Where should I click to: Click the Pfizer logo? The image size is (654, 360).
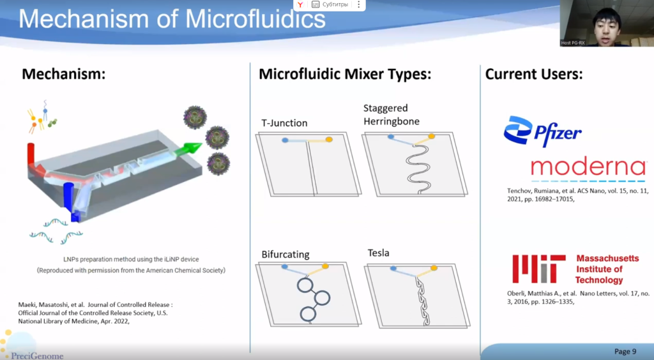click(x=542, y=131)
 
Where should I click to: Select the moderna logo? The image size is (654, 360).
click(x=588, y=169)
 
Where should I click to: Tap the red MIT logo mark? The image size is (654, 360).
click(x=539, y=269)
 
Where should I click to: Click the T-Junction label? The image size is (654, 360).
click(x=284, y=123)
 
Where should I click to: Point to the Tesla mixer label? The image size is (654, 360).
click(x=378, y=253)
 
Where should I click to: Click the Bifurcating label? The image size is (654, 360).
click(x=285, y=254)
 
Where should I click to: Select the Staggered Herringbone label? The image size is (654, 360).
click(x=392, y=115)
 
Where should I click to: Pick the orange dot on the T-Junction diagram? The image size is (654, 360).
click(x=329, y=140)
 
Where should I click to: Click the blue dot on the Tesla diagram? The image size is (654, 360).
click(x=393, y=269)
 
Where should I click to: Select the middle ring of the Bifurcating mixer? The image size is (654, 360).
click(x=322, y=298)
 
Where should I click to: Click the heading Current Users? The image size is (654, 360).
click(x=534, y=74)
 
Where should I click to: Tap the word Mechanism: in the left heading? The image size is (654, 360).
click(x=63, y=74)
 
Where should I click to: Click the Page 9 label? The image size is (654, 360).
click(x=625, y=351)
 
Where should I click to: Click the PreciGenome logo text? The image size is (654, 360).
click(x=38, y=356)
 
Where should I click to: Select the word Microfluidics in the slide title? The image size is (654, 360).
click(x=255, y=19)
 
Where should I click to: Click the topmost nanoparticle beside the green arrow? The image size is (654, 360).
click(x=195, y=117)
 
